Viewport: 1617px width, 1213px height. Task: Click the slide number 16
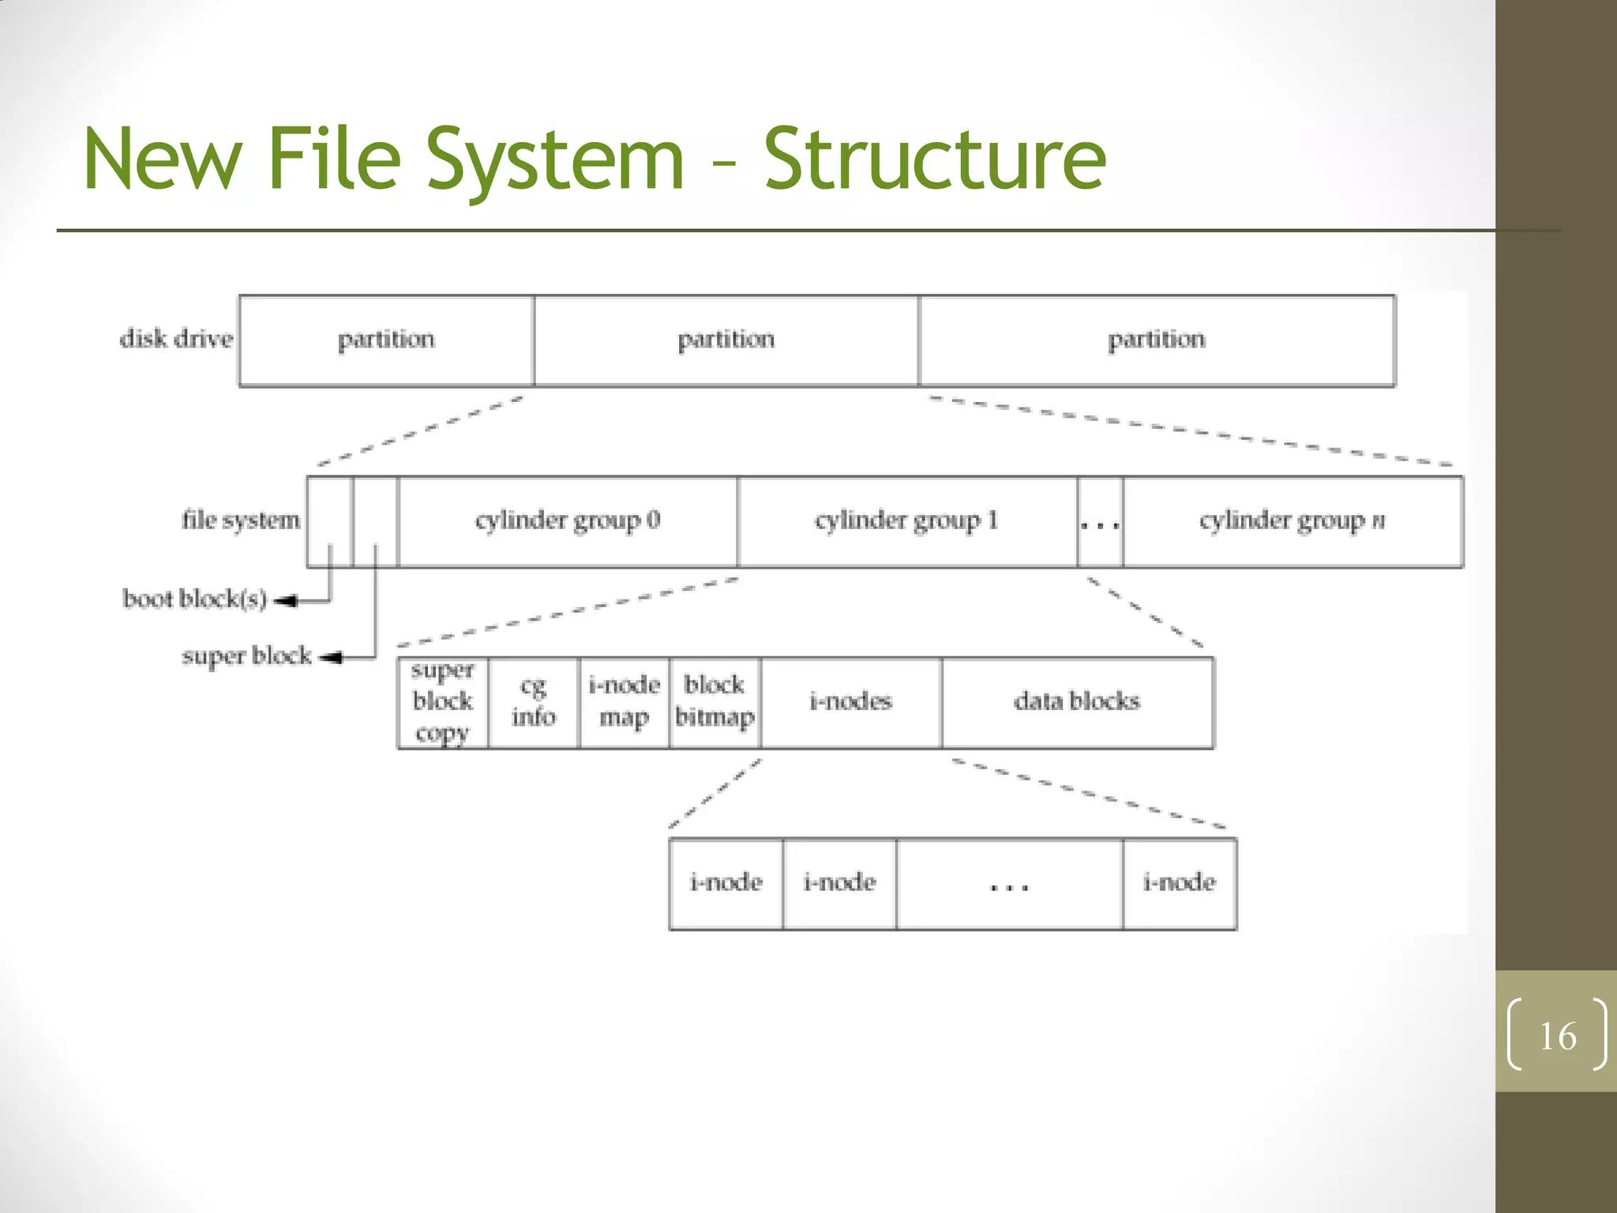pyautogui.click(x=1557, y=1036)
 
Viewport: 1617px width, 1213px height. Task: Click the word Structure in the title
pyautogui.click(x=935, y=160)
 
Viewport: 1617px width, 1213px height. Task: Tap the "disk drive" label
pyautogui.click(x=176, y=339)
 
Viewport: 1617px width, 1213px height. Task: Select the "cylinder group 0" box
pyautogui.click(x=568, y=521)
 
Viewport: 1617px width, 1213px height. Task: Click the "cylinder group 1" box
pyautogui.click(x=906, y=521)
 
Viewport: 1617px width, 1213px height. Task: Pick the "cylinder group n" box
pyautogui.click(x=1292, y=521)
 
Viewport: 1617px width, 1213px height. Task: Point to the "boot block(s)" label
pyautogui.click(x=194, y=599)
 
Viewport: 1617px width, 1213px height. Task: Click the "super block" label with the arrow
pyautogui.click(x=246, y=655)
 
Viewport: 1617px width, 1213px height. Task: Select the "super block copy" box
pyautogui.click(x=442, y=702)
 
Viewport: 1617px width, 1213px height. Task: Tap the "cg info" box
pyautogui.click(x=534, y=702)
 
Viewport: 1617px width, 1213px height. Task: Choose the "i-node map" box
pyautogui.click(x=624, y=702)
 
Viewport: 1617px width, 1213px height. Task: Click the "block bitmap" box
pyautogui.click(x=715, y=702)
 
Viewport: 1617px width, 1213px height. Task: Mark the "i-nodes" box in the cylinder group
pyautogui.click(x=851, y=702)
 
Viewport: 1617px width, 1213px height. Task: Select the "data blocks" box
pyautogui.click(x=1077, y=702)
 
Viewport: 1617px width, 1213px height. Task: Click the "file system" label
pyautogui.click(x=240, y=520)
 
